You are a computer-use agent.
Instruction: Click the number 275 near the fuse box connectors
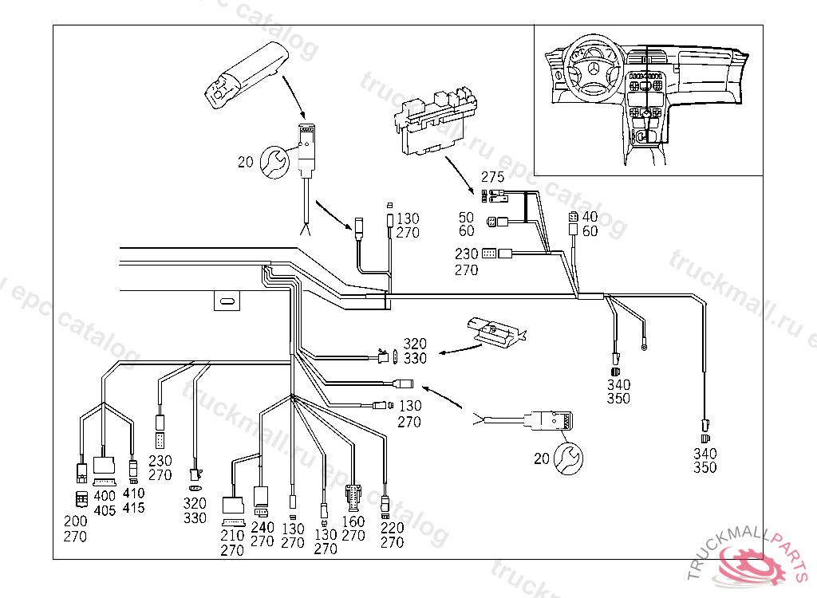pyautogui.click(x=491, y=177)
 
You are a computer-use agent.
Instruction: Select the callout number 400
pyautogui.click(x=105, y=495)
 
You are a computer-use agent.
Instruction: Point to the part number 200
pyautogui.click(x=76, y=522)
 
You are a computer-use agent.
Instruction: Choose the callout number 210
pyautogui.click(x=232, y=536)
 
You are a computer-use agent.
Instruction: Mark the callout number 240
pyautogui.click(x=262, y=527)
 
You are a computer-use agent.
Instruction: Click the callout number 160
pyautogui.click(x=353, y=521)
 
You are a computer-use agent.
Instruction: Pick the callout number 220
pyautogui.click(x=392, y=528)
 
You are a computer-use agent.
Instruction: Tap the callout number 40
pyautogui.click(x=590, y=217)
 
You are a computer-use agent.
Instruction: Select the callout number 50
pyautogui.click(x=467, y=217)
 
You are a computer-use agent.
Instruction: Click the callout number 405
pyautogui.click(x=105, y=509)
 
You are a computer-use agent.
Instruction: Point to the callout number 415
pyautogui.click(x=134, y=507)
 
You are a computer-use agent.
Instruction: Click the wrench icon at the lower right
pyautogui.click(x=570, y=458)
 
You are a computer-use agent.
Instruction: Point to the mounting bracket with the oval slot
pyautogui.click(x=227, y=301)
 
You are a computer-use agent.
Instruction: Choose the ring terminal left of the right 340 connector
pyautogui.click(x=644, y=347)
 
